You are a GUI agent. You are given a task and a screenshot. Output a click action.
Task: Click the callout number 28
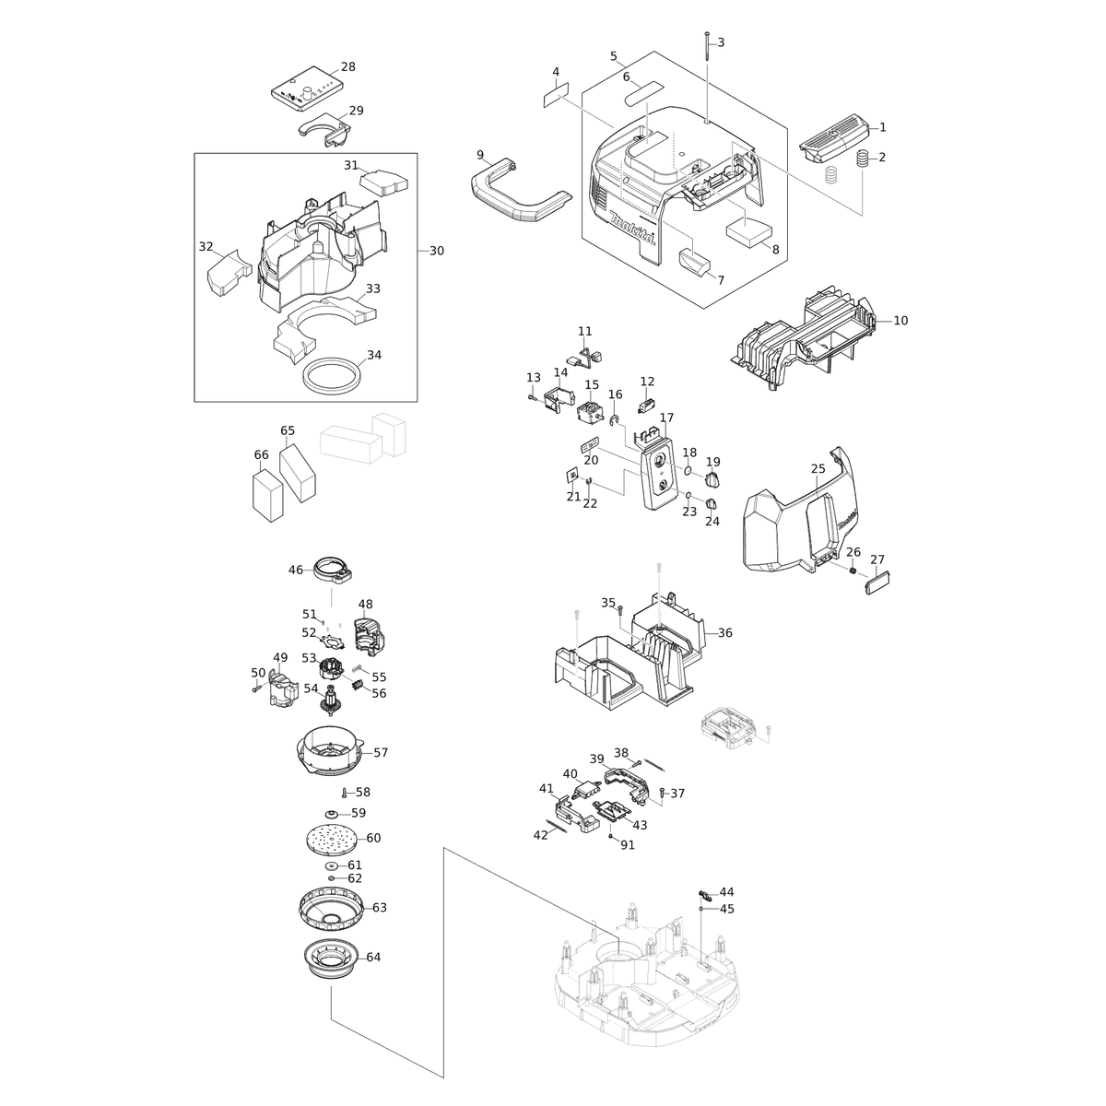pyautogui.click(x=347, y=66)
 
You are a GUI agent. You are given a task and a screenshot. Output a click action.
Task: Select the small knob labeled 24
pyautogui.click(x=711, y=503)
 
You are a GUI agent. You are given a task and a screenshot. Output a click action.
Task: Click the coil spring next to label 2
pyautogui.click(x=862, y=159)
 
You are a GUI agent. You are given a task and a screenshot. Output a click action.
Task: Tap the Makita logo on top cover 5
pyautogui.click(x=632, y=228)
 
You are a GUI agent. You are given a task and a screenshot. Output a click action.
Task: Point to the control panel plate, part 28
pyautogui.click(x=307, y=92)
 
